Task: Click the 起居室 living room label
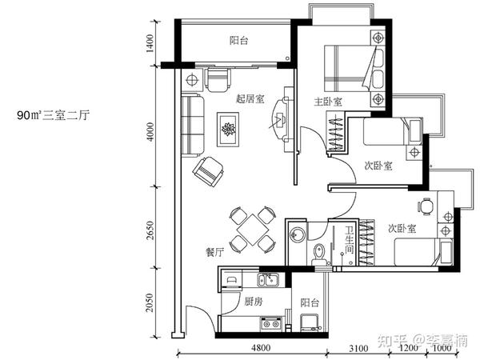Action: tap(250, 99)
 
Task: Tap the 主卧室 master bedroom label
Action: tap(328, 102)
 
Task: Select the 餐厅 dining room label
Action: tap(215, 253)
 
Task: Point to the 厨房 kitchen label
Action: tap(254, 302)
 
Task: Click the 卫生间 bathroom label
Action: tap(350, 240)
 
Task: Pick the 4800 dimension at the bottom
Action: tap(261, 348)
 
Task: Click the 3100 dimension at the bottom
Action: tap(358, 348)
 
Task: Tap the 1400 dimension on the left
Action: tap(150, 43)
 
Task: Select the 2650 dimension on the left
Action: tap(150, 230)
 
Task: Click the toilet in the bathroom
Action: tap(319, 254)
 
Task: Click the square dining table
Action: tap(253, 230)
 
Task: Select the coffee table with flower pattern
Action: tap(228, 130)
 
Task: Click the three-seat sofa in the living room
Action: tap(193, 126)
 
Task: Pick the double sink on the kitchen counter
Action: tap(267, 279)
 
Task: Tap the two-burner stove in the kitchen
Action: tap(271, 323)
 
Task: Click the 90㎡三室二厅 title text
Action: tap(54, 115)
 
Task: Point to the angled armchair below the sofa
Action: tap(209, 171)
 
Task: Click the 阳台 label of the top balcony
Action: tap(238, 41)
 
